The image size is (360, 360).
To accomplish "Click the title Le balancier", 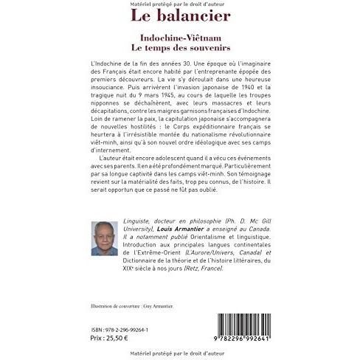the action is [179, 15].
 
